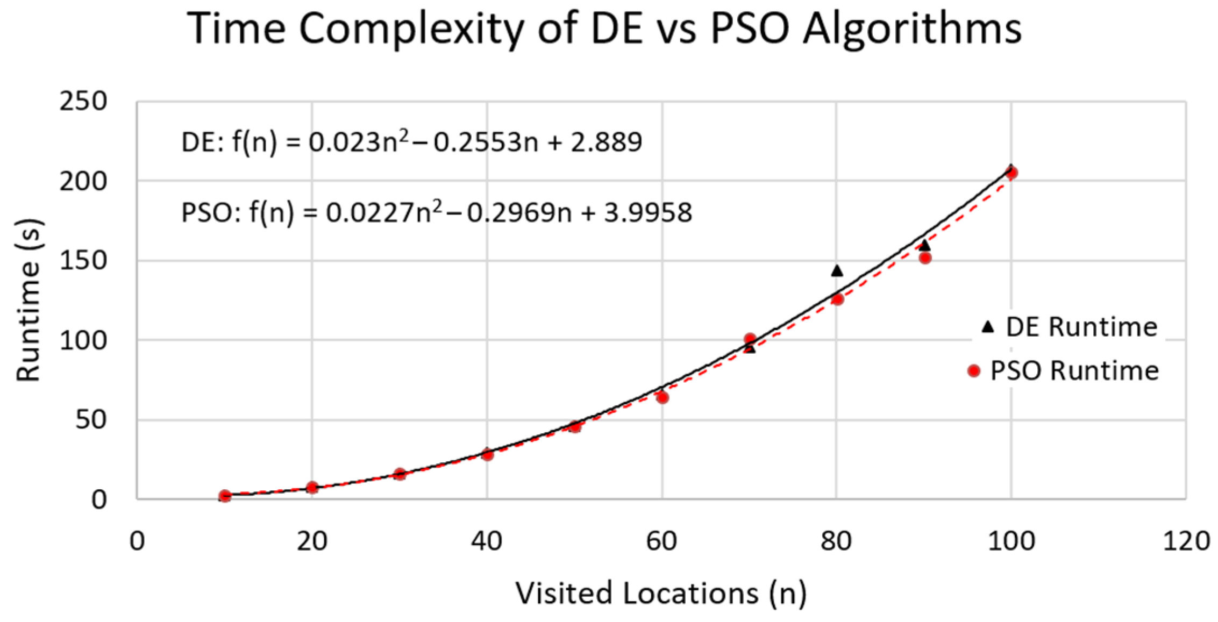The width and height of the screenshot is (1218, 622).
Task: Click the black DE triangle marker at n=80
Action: coord(837,271)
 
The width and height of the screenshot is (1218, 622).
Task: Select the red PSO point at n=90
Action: coord(925,258)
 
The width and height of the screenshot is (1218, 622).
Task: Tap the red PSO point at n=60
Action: coord(663,397)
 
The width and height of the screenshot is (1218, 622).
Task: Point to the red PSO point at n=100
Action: coord(1012,173)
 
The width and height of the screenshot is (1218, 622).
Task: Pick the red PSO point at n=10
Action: coord(225,496)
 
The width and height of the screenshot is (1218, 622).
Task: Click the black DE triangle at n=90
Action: coord(924,246)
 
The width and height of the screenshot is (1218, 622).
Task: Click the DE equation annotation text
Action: coord(412,142)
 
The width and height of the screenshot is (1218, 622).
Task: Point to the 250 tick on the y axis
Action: coord(83,101)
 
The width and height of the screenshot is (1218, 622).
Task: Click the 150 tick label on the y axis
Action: coord(83,261)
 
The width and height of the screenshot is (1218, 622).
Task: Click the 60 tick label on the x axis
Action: coord(662,540)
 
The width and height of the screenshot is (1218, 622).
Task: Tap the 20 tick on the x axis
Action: coord(312,540)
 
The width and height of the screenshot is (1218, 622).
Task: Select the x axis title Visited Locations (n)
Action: coord(661,594)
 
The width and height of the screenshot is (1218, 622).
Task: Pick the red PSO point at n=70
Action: coord(750,339)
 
